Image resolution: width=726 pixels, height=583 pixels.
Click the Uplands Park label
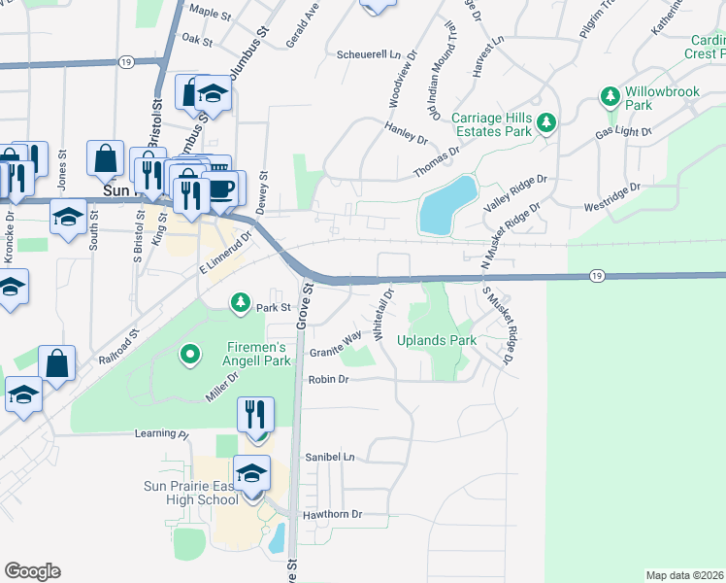(437, 341)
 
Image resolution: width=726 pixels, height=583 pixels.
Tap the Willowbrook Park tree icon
(610, 96)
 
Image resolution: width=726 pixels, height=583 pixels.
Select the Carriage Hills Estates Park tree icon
(546, 122)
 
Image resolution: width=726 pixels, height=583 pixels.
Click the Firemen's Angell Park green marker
(190, 356)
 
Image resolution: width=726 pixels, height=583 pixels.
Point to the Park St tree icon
(240, 303)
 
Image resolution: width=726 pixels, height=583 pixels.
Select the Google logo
(32, 571)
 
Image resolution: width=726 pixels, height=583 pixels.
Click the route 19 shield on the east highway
(595, 278)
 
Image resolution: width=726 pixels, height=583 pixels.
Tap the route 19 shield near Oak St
(125, 61)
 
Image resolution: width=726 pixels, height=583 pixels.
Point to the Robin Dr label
(328, 380)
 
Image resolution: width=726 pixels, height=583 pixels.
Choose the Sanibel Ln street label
(331, 457)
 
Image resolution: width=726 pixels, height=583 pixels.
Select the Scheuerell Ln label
(368, 54)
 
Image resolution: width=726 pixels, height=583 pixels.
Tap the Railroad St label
(119, 345)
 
